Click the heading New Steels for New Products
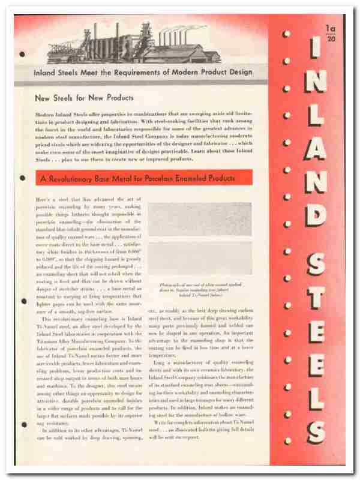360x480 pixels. pyautogui.click(x=84, y=97)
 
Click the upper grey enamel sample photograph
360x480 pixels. pyautogui.click(x=200, y=219)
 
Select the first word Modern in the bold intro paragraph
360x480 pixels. pyautogui.click(x=45, y=113)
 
